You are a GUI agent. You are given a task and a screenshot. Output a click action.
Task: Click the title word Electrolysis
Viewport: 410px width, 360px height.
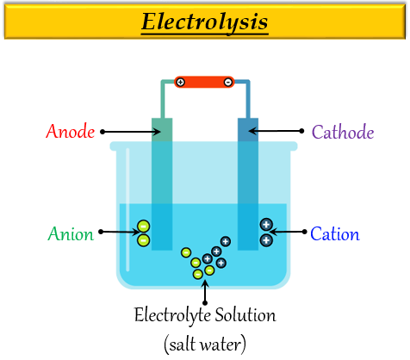point(204,21)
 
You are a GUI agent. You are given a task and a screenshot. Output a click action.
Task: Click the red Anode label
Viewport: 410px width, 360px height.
point(71,132)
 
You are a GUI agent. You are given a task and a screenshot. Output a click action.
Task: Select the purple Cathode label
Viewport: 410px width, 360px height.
point(343,132)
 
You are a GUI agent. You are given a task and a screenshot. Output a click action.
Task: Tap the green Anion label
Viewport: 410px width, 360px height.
point(70,233)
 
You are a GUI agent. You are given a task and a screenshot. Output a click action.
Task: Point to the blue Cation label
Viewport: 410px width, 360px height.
point(335,233)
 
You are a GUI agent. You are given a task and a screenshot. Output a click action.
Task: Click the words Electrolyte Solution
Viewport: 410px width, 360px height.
point(205,315)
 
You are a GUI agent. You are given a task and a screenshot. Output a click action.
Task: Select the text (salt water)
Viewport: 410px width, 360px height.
point(205,344)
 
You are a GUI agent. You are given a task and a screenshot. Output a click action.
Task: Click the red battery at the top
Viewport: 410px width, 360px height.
point(204,82)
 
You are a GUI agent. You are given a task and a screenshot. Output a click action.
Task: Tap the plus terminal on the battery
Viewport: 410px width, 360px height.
point(180,82)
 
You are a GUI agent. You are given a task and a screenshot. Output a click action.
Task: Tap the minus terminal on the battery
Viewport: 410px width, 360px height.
point(227,82)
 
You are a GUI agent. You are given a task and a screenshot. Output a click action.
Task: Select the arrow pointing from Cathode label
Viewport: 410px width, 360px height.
point(276,132)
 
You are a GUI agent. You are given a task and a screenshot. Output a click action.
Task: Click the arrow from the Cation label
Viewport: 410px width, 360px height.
point(289,232)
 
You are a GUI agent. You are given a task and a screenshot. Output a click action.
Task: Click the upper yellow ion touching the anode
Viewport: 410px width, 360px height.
point(144,227)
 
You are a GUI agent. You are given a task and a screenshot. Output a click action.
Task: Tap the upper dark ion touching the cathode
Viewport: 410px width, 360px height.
point(266,225)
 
